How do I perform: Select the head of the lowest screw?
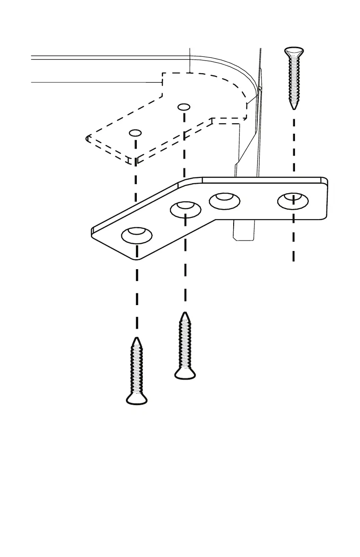(x=137, y=399)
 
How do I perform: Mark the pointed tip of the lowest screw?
(x=137, y=339)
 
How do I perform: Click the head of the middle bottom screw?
(x=185, y=373)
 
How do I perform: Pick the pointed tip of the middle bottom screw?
(x=185, y=314)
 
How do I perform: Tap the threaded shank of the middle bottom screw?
(x=185, y=343)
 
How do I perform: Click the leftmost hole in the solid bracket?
(x=137, y=235)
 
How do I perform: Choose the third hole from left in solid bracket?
(x=225, y=200)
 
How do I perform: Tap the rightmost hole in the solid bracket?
(x=293, y=201)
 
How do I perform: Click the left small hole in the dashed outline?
(x=135, y=133)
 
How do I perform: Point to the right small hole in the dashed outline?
(x=183, y=107)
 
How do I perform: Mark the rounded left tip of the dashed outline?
(x=87, y=138)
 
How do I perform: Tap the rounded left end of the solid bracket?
(x=93, y=231)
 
